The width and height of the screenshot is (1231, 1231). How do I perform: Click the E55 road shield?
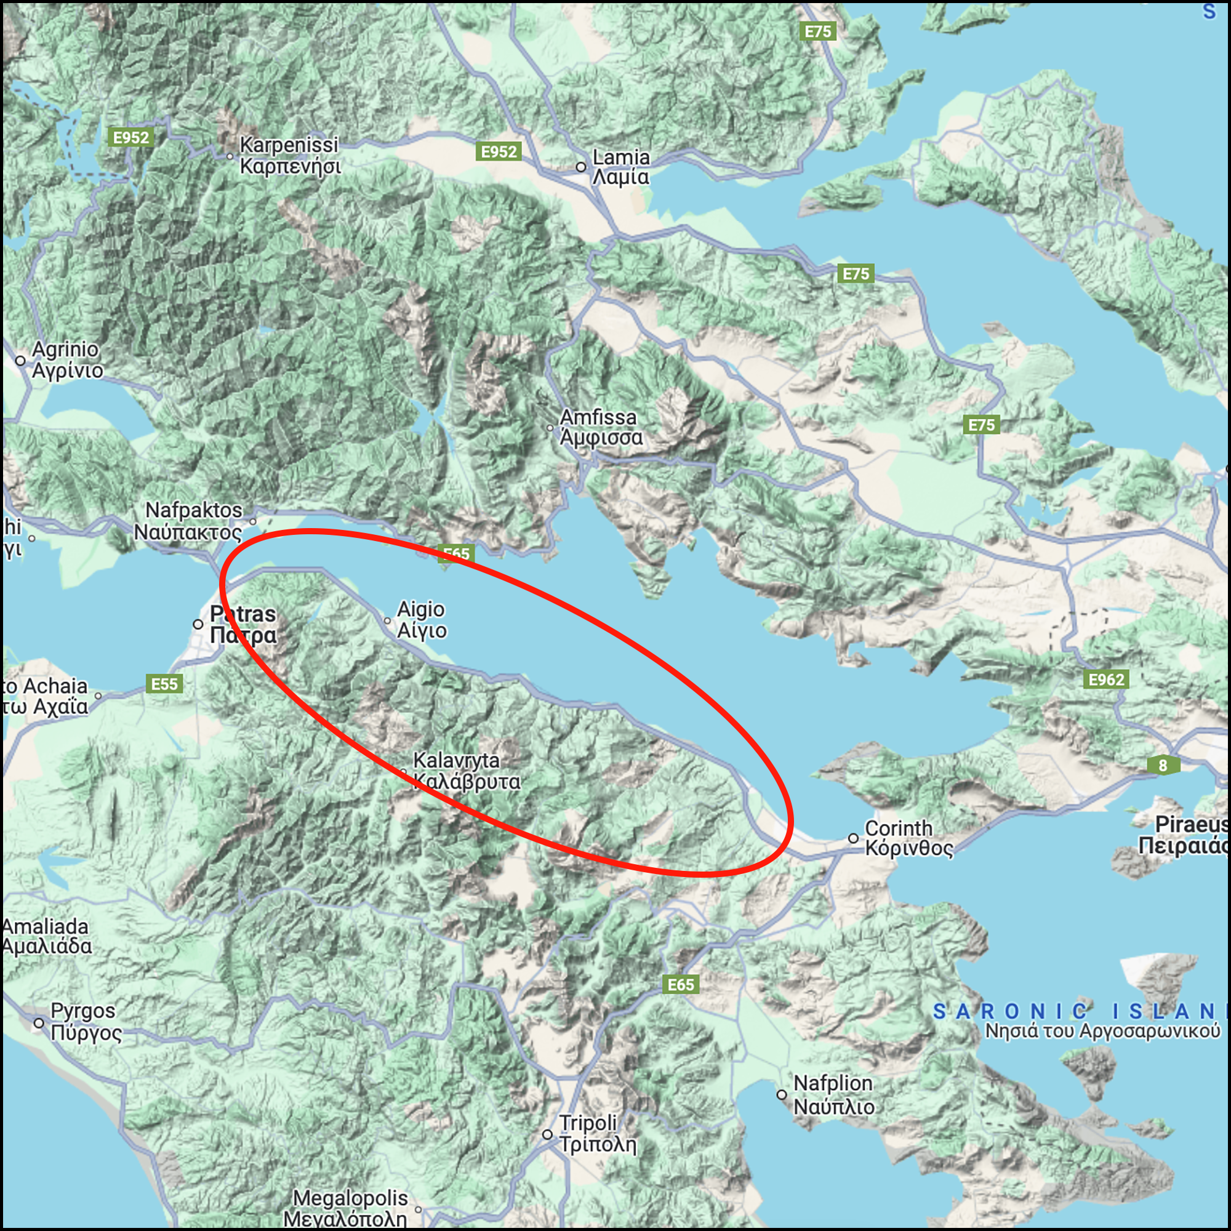tap(164, 684)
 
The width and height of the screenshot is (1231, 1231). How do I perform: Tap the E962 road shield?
tap(1106, 680)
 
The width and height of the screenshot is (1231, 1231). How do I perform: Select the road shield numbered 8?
tap(1163, 765)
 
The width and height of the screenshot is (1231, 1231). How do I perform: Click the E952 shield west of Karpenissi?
tap(130, 138)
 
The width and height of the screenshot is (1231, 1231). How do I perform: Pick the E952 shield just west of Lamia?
tap(499, 151)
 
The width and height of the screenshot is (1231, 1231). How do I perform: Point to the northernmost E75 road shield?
tap(818, 31)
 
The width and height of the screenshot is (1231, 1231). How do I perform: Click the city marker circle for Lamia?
tap(580, 167)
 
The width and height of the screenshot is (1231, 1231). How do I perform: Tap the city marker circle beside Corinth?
tap(854, 838)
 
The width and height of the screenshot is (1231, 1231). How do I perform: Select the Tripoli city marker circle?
tap(547, 1135)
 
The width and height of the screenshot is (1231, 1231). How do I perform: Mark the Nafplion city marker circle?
tap(782, 1094)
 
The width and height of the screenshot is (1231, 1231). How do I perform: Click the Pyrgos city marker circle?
tap(39, 1022)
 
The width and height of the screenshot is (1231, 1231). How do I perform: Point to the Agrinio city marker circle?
tap(20, 361)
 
